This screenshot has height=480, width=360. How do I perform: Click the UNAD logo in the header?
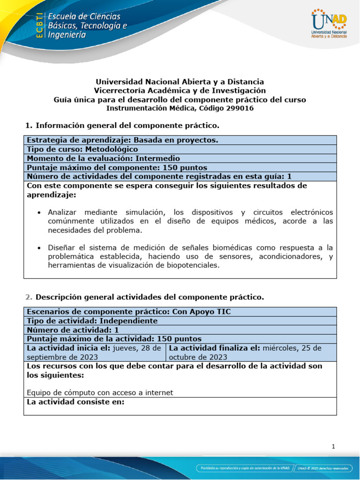tap(329, 23)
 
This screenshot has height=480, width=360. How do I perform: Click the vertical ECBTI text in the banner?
tap(40, 24)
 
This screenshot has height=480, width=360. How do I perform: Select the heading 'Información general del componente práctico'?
tap(127, 126)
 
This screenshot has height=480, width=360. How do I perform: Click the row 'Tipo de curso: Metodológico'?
tap(82, 149)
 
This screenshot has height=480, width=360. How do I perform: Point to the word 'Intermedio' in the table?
tap(157, 158)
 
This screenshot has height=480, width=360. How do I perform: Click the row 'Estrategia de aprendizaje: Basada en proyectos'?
tap(122, 140)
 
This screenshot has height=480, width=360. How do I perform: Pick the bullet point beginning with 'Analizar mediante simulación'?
tap(190, 221)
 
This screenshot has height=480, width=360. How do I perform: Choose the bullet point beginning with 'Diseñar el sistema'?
tap(190, 256)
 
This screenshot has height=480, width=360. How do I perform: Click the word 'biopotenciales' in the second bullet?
tap(193, 265)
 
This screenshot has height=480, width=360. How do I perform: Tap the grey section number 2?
tap(29, 297)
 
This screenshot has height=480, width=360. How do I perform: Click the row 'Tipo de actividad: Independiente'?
tap(92, 321)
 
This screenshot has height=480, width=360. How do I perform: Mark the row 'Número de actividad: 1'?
tap(73, 330)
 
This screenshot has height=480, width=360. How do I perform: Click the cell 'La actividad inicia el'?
tap(94, 352)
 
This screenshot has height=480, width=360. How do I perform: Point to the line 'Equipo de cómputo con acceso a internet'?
tap(100, 392)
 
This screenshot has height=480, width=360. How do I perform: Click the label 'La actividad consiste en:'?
tap(75, 402)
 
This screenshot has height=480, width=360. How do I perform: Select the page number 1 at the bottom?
tap(333, 447)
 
